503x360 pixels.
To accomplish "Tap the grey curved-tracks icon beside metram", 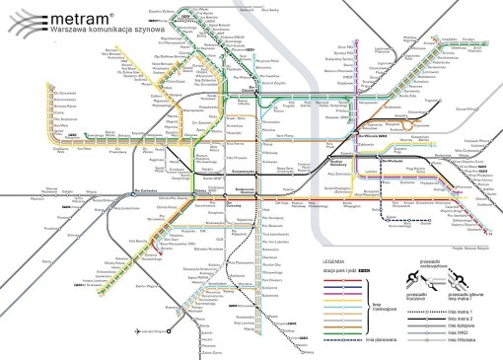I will [x=25, y=22].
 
